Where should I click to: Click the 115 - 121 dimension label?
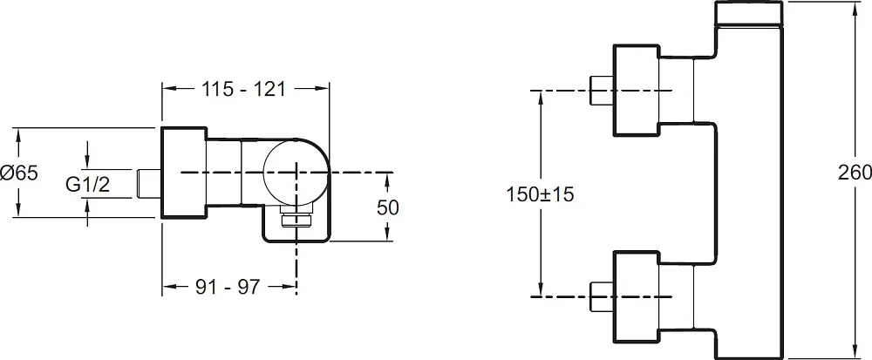[243, 89]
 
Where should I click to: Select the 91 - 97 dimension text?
[228, 287]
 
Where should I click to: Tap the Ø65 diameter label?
[19, 173]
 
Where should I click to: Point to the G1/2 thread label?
[87, 185]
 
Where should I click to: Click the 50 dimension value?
[388, 207]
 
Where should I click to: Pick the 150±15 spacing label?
[540, 195]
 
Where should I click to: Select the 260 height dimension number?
[855, 173]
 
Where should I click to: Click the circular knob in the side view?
[296, 173]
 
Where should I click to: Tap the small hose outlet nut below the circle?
[296, 219]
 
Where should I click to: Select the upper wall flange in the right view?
[636, 90]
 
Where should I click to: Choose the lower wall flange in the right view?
[636, 296]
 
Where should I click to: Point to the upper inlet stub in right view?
[601, 90]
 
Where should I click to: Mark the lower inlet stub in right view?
[601, 296]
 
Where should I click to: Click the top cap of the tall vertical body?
[748, 13]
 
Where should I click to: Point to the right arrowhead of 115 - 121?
[322, 88]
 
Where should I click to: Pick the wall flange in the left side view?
[184, 173]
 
